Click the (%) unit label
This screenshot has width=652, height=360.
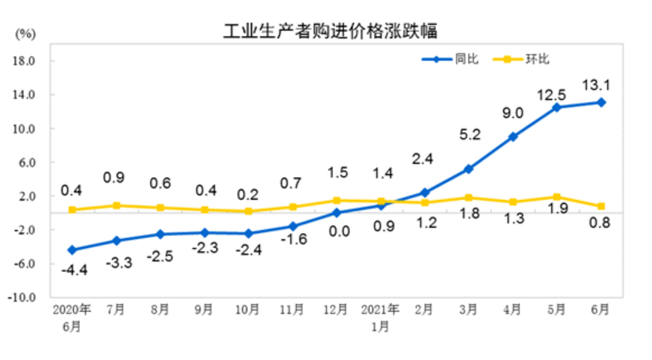click(25, 34)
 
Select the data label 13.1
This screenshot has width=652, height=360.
click(597, 83)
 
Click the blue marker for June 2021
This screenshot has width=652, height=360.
click(600, 102)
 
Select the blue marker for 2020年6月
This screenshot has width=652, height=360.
click(72, 249)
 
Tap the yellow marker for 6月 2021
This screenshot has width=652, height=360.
click(600, 206)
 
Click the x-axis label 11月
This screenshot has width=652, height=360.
click(292, 309)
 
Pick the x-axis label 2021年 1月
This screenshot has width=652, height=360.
click(379, 317)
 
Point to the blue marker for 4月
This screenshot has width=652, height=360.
click(512, 137)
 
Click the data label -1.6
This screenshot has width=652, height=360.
click(293, 240)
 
